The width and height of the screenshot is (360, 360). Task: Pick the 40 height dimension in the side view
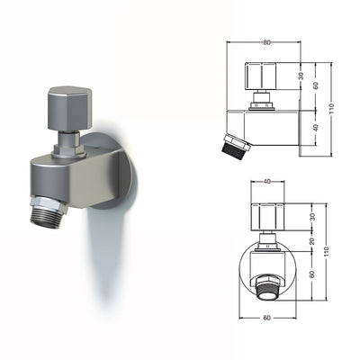click(x=317, y=129)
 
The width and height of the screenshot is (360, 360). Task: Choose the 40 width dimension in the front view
click(x=267, y=183)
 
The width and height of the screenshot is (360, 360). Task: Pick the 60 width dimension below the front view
click(x=267, y=318)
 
